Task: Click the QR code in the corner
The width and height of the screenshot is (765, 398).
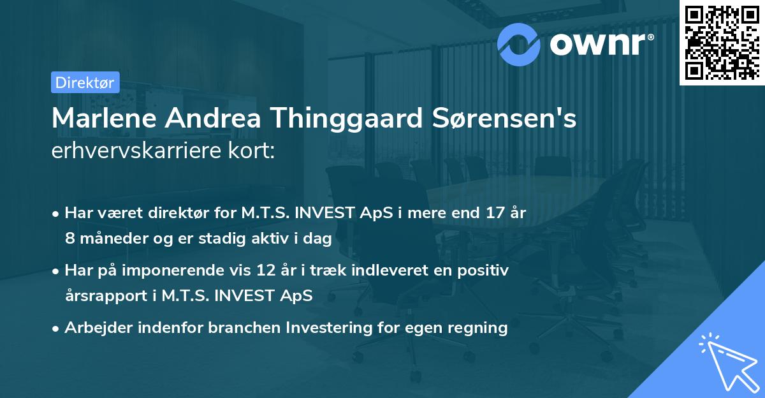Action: [722, 43]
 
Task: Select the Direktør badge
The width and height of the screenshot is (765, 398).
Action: [85, 82]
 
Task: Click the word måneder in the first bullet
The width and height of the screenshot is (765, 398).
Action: [110, 239]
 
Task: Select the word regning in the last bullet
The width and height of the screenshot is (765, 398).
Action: [478, 328]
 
